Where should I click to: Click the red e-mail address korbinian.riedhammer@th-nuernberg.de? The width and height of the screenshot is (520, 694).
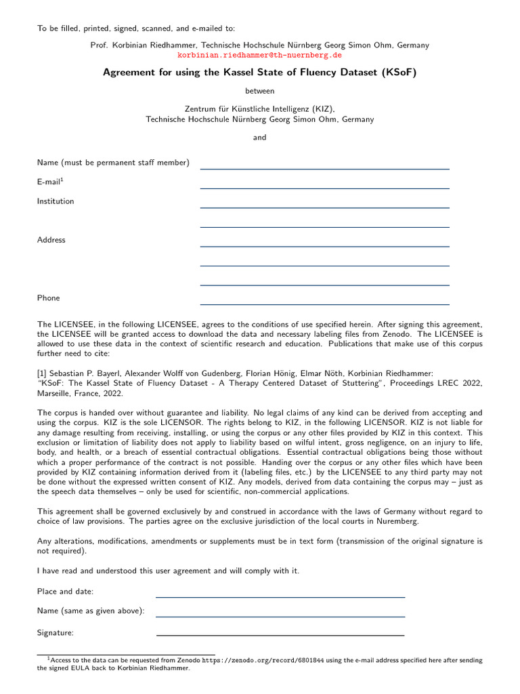click(259, 55)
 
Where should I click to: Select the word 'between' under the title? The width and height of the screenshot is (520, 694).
click(259, 90)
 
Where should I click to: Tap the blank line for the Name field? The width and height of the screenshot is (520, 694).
click(324, 167)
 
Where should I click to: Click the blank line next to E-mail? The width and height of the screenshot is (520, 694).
click(324, 187)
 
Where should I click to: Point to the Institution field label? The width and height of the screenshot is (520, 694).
click(56, 201)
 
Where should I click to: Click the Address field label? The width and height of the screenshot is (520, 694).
click(51, 240)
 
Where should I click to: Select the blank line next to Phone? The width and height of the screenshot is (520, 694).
click(324, 303)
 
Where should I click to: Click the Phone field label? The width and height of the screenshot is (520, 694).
click(48, 298)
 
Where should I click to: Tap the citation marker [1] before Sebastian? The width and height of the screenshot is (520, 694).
click(42, 373)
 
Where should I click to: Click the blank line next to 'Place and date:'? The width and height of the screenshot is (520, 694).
click(280, 596)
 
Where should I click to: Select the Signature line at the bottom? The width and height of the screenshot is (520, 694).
click(280, 634)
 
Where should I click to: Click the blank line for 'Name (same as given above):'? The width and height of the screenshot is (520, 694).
click(280, 616)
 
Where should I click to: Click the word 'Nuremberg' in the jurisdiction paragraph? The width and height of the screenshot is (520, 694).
click(399, 521)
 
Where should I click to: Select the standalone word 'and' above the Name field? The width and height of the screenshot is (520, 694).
click(259, 138)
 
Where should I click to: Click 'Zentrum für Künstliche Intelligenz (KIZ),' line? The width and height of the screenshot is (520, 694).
click(259, 108)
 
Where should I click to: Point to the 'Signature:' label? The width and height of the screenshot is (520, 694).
click(56, 633)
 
